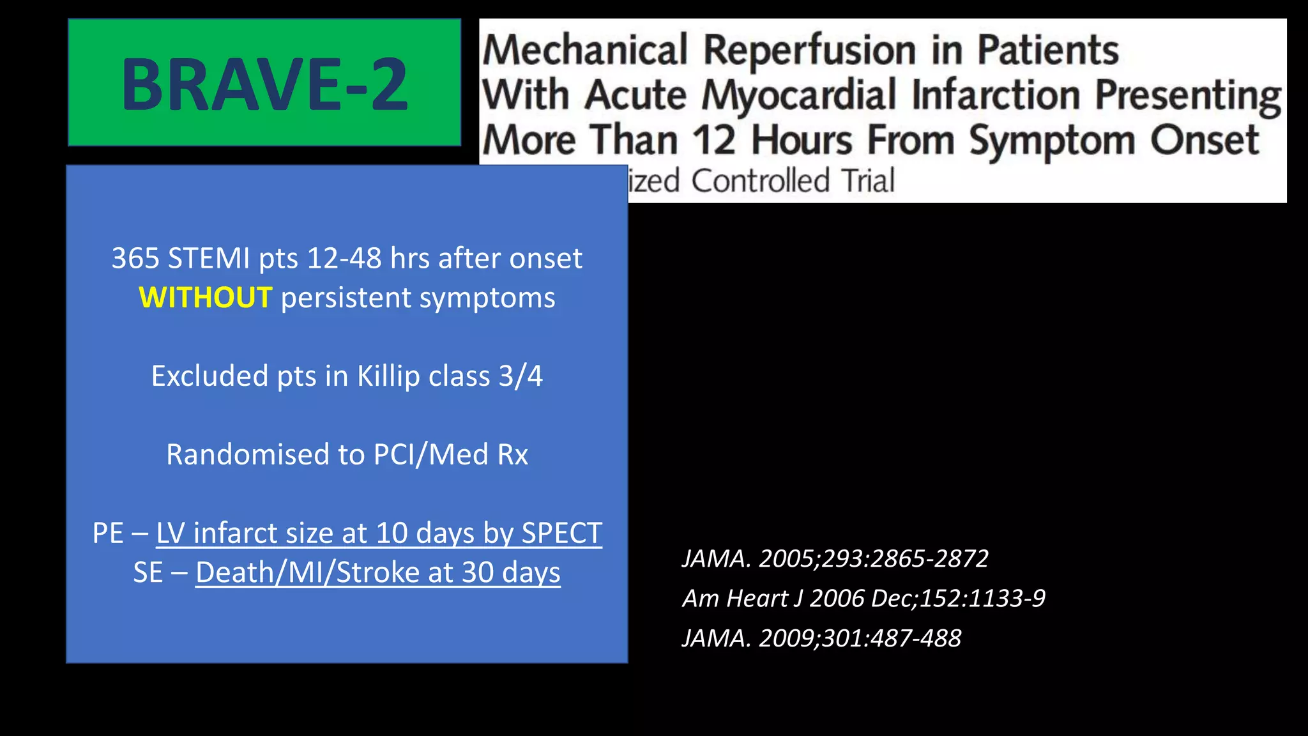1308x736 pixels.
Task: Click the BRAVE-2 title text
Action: click(x=264, y=84)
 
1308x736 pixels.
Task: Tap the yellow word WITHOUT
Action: click(x=206, y=298)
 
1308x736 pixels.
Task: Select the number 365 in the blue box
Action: click(x=135, y=259)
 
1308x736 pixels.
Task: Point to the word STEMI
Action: click(x=209, y=259)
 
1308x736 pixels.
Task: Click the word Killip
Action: click(x=388, y=376)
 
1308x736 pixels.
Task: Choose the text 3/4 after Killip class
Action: click(x=521, y=376)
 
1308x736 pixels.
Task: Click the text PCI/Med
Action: click(x=431, y=455)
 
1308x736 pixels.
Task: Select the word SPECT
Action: click(x=561, y=533)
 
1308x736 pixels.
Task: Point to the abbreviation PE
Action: click(x=108, y=533)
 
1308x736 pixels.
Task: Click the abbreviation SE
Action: click(x=148, y=572)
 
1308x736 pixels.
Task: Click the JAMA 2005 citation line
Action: click(x=835, y=559)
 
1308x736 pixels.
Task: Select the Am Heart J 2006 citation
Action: click(x=863, y=599)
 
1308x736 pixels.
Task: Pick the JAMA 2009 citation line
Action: click(x=821, y=638)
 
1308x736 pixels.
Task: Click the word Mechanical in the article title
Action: click(x=585, y=50)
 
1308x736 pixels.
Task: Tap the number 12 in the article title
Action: click(x=713, y=141)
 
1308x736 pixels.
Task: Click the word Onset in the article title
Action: click(x=1205, y=141)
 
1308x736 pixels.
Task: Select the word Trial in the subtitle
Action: click(x=867, y=181)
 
